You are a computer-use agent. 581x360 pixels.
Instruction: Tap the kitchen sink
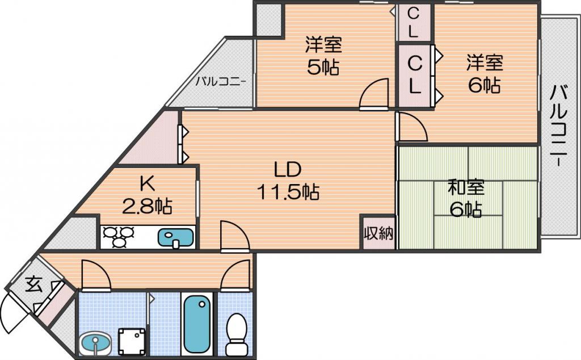[176, 237]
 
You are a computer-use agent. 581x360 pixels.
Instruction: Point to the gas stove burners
[119, 237]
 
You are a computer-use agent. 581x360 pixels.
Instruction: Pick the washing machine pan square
[132, 341]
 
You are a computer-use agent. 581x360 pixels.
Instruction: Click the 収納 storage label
[378, 233]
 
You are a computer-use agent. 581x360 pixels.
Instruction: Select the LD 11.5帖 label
[288, 181]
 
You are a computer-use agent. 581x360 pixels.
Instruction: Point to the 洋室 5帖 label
[323, 56]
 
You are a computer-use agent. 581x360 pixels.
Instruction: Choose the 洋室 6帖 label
[485, 74]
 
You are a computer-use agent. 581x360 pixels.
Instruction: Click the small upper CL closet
[414, 22]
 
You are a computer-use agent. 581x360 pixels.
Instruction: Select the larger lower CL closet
[415, 76]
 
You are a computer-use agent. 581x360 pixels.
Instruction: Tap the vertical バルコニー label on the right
[559, 126]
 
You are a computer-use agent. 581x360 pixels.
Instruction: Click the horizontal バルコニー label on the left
[221, 81]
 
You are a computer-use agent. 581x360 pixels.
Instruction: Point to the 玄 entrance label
[33, 284]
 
